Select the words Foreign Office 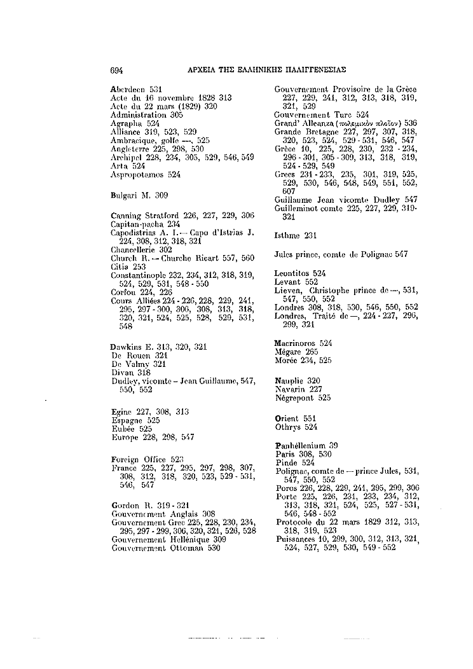(138, 460)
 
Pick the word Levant (287, 281)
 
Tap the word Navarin (290, 389)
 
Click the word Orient (286, 420)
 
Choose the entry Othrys (287, 428)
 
